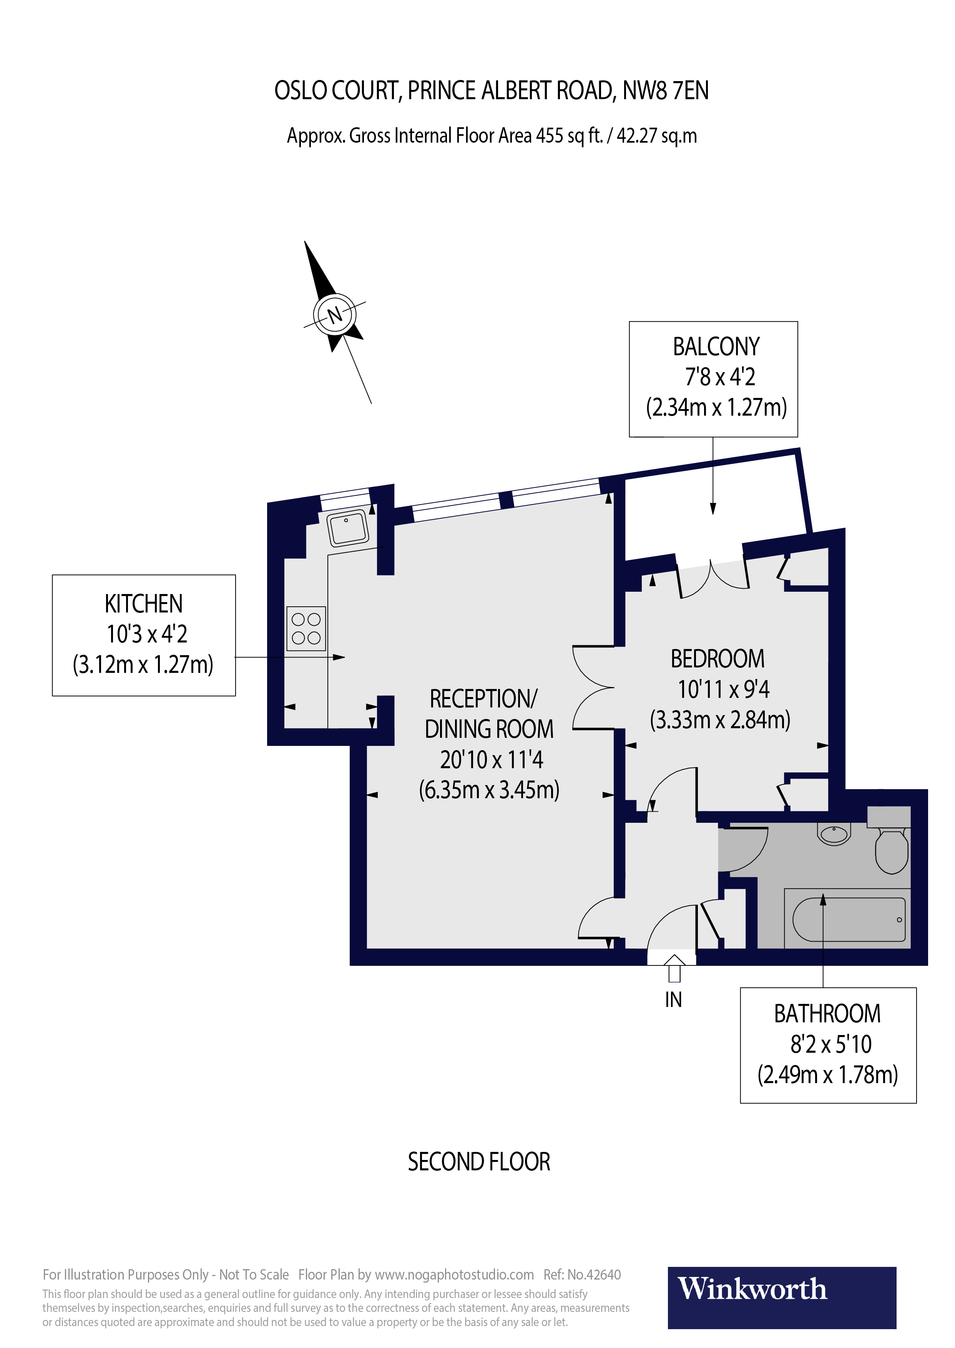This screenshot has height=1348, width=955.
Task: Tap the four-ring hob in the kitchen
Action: coord(306,628)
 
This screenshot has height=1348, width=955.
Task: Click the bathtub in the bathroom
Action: coord(849,919)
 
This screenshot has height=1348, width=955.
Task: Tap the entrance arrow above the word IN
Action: coord(674,967)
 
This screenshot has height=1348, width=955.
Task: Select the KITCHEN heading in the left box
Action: coord(143,604)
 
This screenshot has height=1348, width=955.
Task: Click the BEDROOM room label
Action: coord(717,658)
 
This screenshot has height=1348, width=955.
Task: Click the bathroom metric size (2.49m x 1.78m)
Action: coord(827,1074)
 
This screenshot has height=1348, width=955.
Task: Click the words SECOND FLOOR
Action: coord(479,1162)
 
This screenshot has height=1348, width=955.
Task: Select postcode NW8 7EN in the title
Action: coord(665,91)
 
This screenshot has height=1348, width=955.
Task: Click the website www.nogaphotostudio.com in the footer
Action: coord(454,1275)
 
